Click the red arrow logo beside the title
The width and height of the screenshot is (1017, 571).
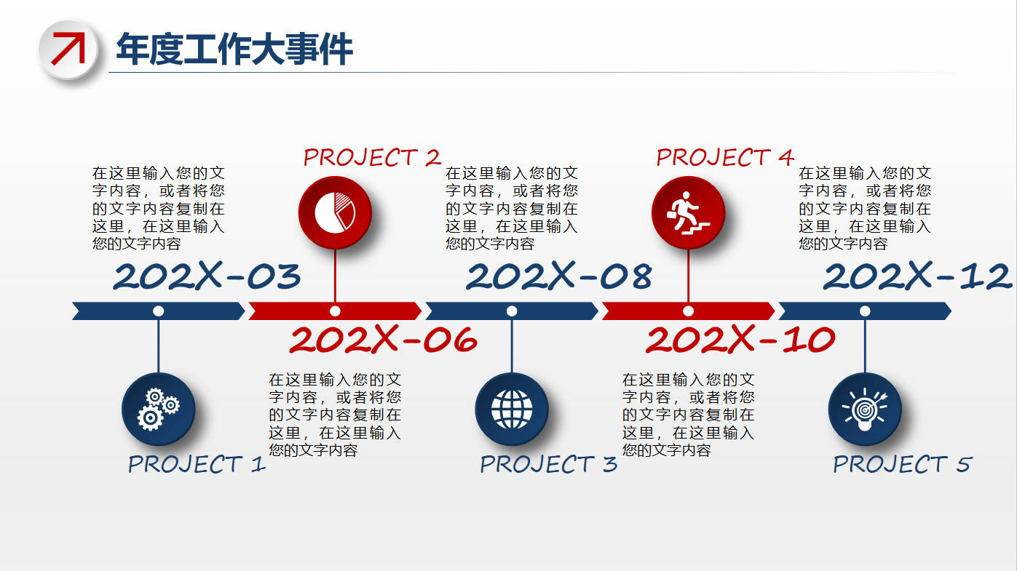[68, 49]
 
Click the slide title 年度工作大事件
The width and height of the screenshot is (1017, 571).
[234, 49]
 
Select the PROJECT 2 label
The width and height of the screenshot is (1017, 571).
[372, 157]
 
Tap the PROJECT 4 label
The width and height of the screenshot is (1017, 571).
[725, 157]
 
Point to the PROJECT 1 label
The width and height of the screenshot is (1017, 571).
[197, 464]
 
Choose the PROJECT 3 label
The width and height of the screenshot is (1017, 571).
[548, 464]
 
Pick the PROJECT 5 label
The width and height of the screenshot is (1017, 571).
[902, 464]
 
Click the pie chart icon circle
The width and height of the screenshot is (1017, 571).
[335, 212]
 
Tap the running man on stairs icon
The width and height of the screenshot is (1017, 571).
[688, 212]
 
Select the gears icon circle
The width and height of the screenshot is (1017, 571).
[159, 409]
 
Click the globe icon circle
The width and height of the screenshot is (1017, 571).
[512, 409]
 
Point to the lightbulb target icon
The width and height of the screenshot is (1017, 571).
[865, 409]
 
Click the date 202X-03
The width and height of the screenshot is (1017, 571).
[207, 276]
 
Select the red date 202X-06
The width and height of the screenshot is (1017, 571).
[383, 339]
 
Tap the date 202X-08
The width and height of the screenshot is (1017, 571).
[559, 276]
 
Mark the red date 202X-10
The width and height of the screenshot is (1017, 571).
[740, 339]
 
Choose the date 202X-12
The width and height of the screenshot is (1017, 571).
[917, 276]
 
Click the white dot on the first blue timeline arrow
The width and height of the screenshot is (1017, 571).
[159, 311]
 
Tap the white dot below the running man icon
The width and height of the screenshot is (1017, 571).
[688, 311]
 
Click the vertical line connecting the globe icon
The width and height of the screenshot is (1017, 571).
[512, 346]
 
